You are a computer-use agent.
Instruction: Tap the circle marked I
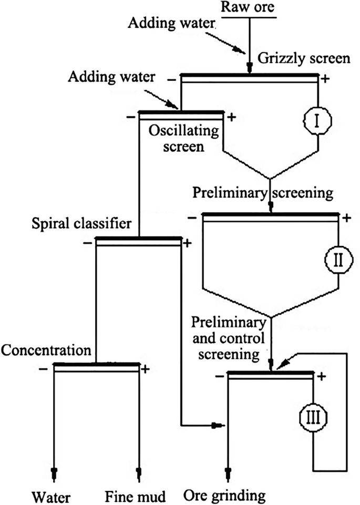click(317, 121)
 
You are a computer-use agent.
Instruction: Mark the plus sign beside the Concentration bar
click(146, 368)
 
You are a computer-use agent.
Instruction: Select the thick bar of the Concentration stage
click(97, 364)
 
